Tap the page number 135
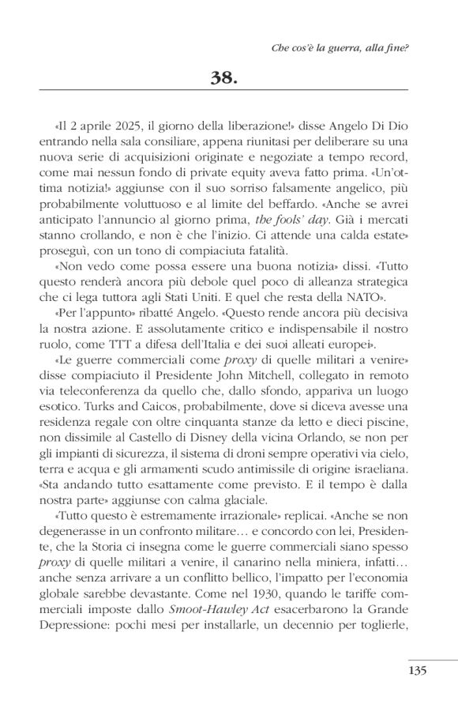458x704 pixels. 418,670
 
